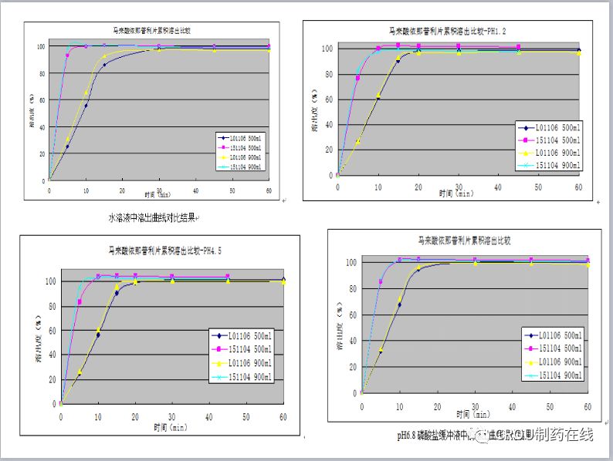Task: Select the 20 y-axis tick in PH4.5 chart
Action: coord(52,379)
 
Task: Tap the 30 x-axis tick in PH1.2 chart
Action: coord(459,184)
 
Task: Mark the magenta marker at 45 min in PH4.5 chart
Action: coord(228,276)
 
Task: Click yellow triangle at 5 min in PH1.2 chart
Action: coord(358,141)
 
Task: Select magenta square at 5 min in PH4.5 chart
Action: coord(80,301)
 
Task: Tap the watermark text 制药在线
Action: coord(562,436)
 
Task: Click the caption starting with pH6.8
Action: coord(432,436)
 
